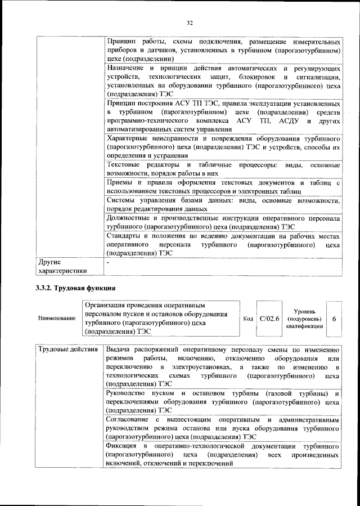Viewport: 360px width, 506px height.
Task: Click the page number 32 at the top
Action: point(190,23)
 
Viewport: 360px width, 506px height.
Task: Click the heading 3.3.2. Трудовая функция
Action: point(73,288)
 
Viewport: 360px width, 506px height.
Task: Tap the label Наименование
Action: point(57,319)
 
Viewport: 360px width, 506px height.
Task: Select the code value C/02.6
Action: point(270,319)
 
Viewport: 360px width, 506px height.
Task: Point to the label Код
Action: point(247,319)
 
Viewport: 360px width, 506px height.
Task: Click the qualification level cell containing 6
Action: point(334,319)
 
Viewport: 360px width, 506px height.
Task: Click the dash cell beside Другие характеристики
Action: point(108,262)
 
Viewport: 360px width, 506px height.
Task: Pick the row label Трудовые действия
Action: point(67,350)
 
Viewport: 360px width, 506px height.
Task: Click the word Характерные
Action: point(128,138)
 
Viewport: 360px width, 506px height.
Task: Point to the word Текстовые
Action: point(124,165)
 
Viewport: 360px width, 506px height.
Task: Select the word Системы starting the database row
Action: point(123,201)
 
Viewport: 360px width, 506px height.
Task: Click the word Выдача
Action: point(120,350)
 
